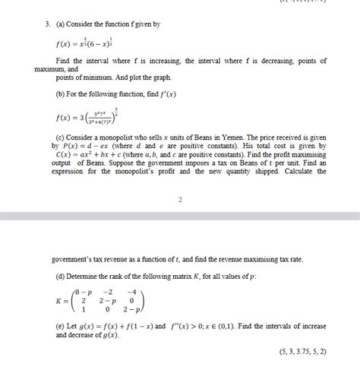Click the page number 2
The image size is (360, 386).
click(x=180, y=199)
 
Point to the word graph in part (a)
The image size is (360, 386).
click(x=159, y=78)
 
